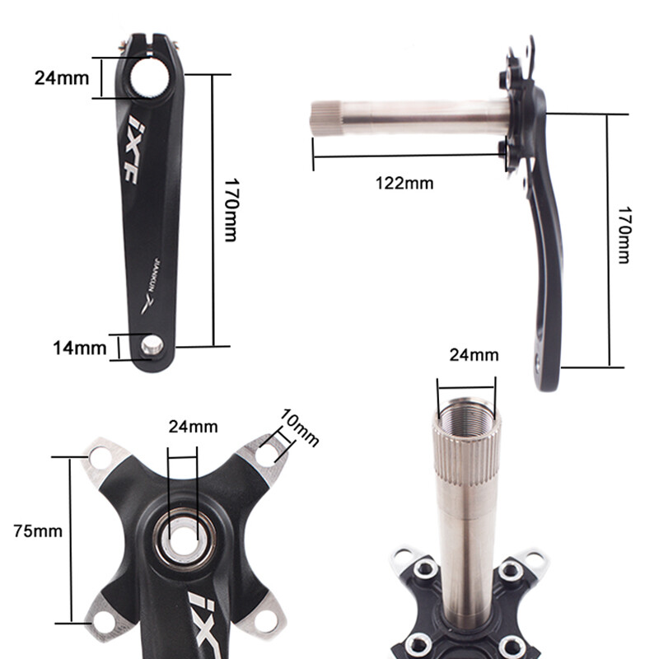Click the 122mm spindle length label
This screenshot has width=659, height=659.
(404, 183)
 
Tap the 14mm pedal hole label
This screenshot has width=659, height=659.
(80, 348)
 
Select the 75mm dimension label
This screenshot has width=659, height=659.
(38, 530)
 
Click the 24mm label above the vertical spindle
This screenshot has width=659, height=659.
(474, 356)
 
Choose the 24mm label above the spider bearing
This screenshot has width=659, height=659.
(193, 427)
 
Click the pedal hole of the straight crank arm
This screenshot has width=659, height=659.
(151, 345)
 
